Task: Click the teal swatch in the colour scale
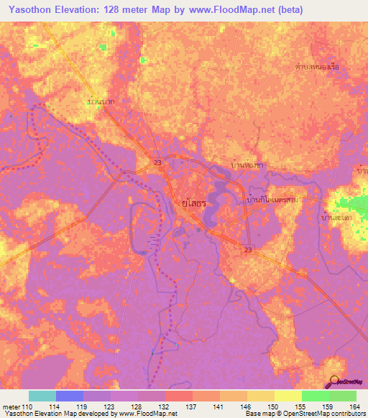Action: coord(42,396)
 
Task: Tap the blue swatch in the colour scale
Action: coord(70,396)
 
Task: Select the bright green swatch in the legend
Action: coord(315,396)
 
